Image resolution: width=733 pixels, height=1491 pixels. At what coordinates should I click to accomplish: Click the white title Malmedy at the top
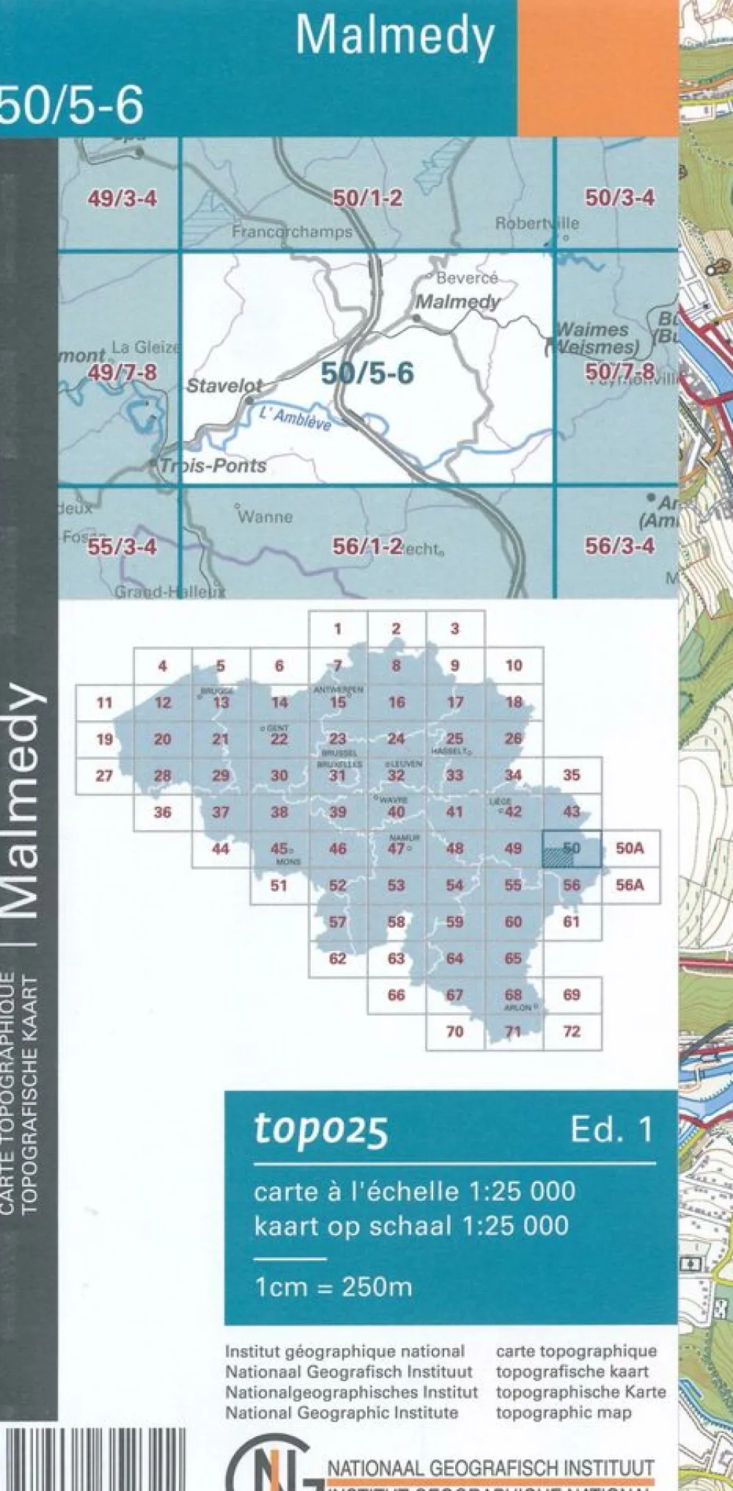[395, 37]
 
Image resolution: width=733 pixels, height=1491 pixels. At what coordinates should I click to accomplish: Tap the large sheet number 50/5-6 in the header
[71, 106]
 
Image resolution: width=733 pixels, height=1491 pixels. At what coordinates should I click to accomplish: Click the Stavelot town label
[224, 385]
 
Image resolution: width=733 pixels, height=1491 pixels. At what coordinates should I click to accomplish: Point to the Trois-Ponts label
[213, 465]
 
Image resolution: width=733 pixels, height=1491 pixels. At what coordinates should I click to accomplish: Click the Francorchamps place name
[292, 232]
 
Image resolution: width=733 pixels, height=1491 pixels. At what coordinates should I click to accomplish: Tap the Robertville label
[537, 223]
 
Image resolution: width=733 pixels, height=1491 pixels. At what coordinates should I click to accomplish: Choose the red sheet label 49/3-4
[122, 199]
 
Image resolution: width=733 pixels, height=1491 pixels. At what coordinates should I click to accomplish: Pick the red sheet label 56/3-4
[619, 546]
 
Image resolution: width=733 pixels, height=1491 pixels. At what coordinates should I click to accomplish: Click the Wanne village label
[265, 517]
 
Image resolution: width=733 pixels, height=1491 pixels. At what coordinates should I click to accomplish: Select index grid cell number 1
[338, 629]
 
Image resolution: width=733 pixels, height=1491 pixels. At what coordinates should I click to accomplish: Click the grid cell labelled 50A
[630, 848]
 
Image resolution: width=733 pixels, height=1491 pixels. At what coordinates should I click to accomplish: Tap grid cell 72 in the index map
[572, 1032]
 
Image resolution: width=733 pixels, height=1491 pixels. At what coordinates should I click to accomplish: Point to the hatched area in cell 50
[558, 856]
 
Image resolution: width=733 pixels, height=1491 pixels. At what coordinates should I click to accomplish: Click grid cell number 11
[105, 703]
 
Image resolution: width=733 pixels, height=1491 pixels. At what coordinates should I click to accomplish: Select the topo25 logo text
[321, 1129]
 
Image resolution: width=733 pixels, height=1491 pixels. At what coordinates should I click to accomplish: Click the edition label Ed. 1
[611, 1131]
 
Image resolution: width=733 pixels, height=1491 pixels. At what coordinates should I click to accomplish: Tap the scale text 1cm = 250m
[334, 1287]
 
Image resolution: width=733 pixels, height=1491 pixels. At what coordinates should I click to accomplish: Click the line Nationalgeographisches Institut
[351, 1391]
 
